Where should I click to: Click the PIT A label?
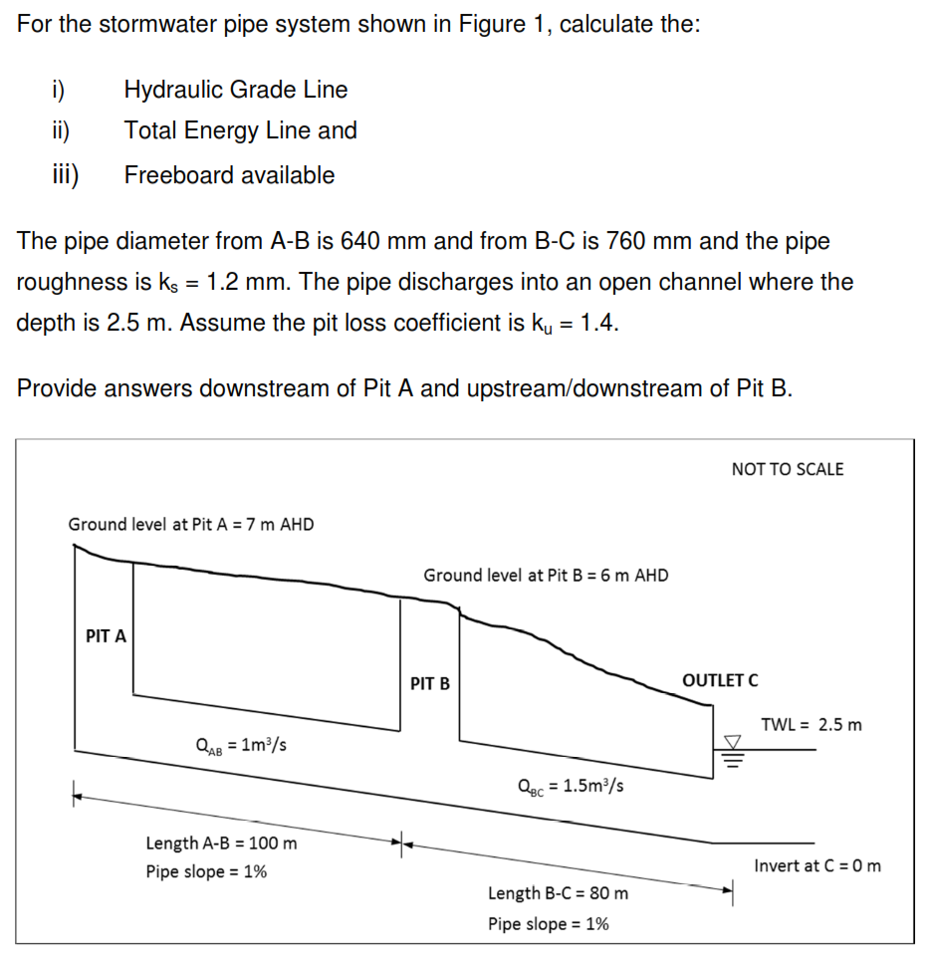pyautogui.click(x=106, y=636)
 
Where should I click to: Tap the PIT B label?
pyautogui.click(x=430, y=684)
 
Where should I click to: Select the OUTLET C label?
pyautogui.click(x=720, y=680)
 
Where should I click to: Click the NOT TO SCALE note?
pyautogui.click(x=787, y=469)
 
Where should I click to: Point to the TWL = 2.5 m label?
pyautogui.click(x=812, y=724)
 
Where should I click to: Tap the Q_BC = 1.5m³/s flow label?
pyautogui.click(x=572, y=785)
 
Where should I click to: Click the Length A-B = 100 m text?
pyautogui.click(x=221, y=844)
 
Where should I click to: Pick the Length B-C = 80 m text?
pyautogui.click(x=558, y=893)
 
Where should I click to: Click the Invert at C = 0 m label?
pyautogui.click(x=816, y=865)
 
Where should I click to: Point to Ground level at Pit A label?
pyautogui.click(x=191, y=524)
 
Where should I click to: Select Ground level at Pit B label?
pyautogui.click(x=546, y=575)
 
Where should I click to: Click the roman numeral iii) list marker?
pyautogui.click(x=66, y=175)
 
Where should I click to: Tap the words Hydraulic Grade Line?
pyautogui.click(x=236, y=90)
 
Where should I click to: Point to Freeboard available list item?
pyautogui.click(x=229, y=175)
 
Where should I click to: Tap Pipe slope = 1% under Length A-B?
pyautogui.click(x=206, y=871)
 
